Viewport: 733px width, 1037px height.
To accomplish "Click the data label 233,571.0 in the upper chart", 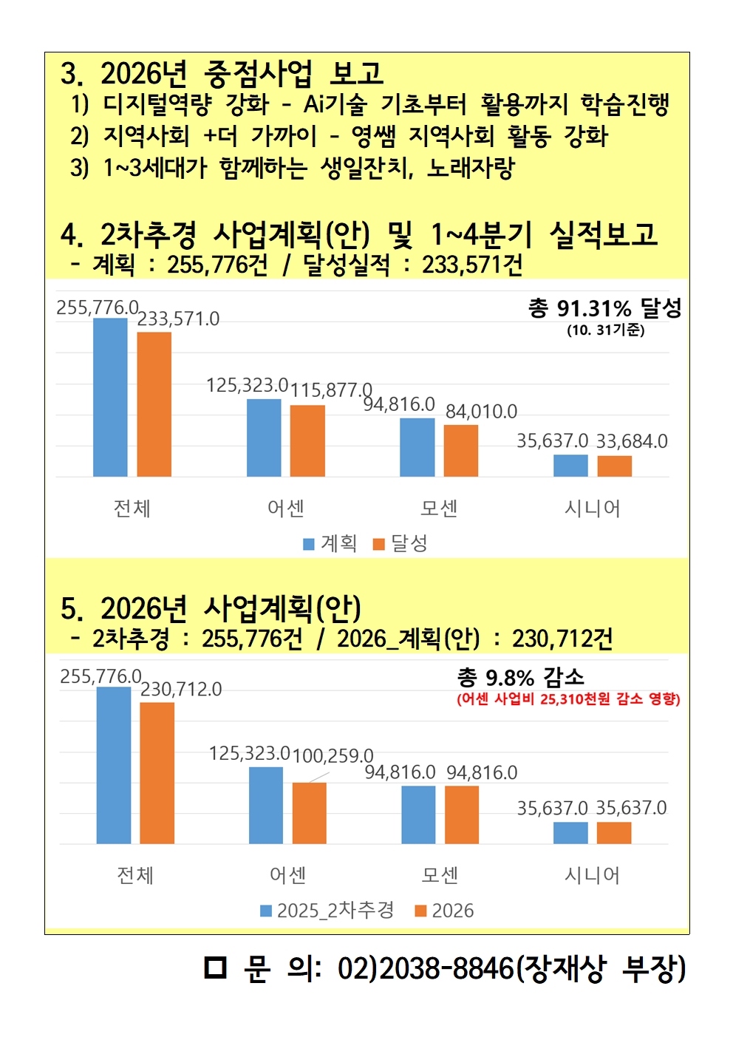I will click(178, 319).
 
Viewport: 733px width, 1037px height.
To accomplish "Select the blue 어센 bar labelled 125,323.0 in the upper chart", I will click(264, 438).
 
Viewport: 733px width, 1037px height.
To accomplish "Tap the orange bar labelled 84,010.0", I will click(460, 450).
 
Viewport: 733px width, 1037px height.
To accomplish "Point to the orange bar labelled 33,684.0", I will click(614, 466).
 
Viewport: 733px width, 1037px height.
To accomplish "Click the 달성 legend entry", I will click(400, 544).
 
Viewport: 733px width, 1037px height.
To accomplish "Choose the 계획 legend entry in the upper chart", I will click(330, 544).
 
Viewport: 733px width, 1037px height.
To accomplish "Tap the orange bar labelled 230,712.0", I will click(157, 772).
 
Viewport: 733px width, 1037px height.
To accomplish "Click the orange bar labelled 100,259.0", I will click(309, 812).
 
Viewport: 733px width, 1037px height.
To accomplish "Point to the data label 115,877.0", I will click(331, 390).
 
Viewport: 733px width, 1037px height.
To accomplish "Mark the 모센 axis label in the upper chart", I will click(439, 509).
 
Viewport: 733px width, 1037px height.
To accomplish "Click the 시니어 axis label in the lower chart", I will click(592, 875).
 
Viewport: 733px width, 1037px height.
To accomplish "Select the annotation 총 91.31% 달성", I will click(604, 308).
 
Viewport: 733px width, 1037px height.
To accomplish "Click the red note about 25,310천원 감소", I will click(568, 699).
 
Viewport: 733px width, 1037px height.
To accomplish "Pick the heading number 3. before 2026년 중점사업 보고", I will click(72, 74).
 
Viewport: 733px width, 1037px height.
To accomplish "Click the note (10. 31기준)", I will click(605, 330).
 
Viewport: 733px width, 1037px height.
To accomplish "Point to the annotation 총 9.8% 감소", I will click(520, 677).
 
